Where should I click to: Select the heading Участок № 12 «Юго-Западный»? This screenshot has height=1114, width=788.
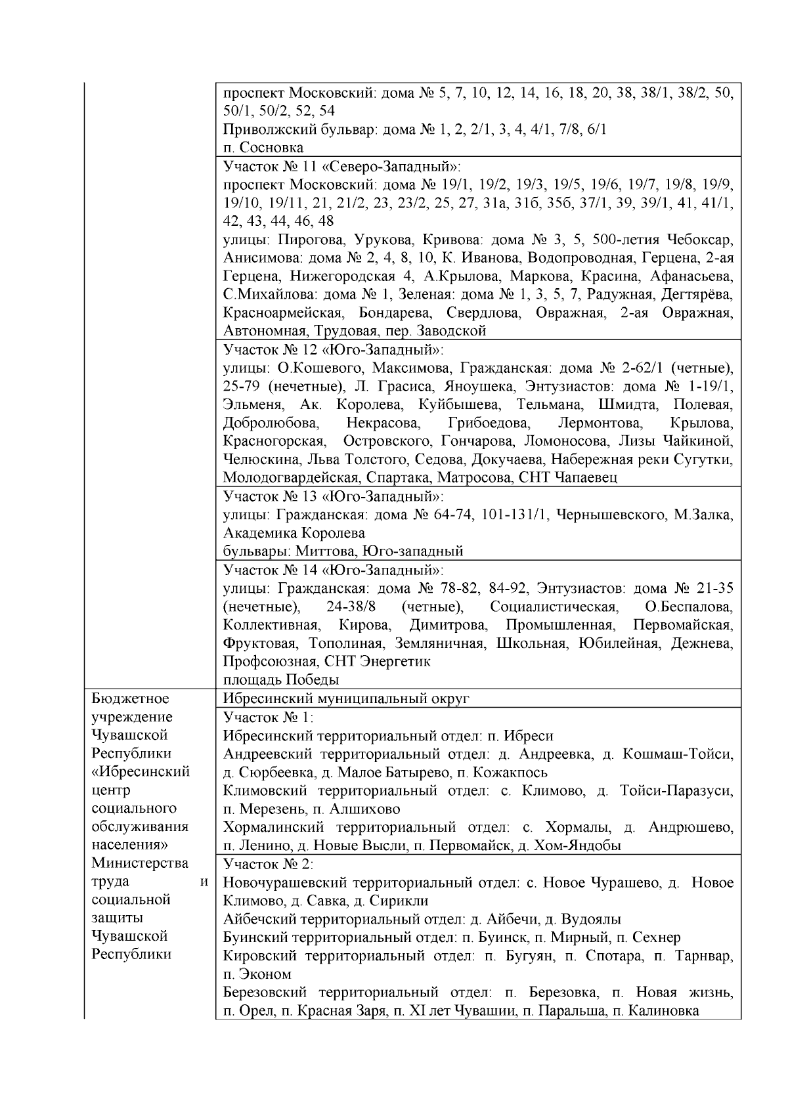coord(334,349)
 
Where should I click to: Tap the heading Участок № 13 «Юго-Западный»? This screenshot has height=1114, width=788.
coord(334,496)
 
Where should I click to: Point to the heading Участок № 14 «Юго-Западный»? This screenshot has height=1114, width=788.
coord(334,569)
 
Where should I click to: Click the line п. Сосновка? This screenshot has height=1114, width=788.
coord(263,147)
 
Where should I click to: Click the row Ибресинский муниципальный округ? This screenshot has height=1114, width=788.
coord(346,698)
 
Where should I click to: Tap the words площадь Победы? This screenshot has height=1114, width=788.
coord(281,679)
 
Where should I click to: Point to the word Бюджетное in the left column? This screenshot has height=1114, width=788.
coord(130,698)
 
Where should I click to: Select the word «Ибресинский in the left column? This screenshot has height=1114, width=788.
coord(141,771)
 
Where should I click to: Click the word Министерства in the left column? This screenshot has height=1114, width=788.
coord(140,863)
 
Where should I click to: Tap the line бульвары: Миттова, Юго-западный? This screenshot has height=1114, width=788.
coord(343,551)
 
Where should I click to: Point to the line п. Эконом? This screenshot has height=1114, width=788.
coord(257,974)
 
